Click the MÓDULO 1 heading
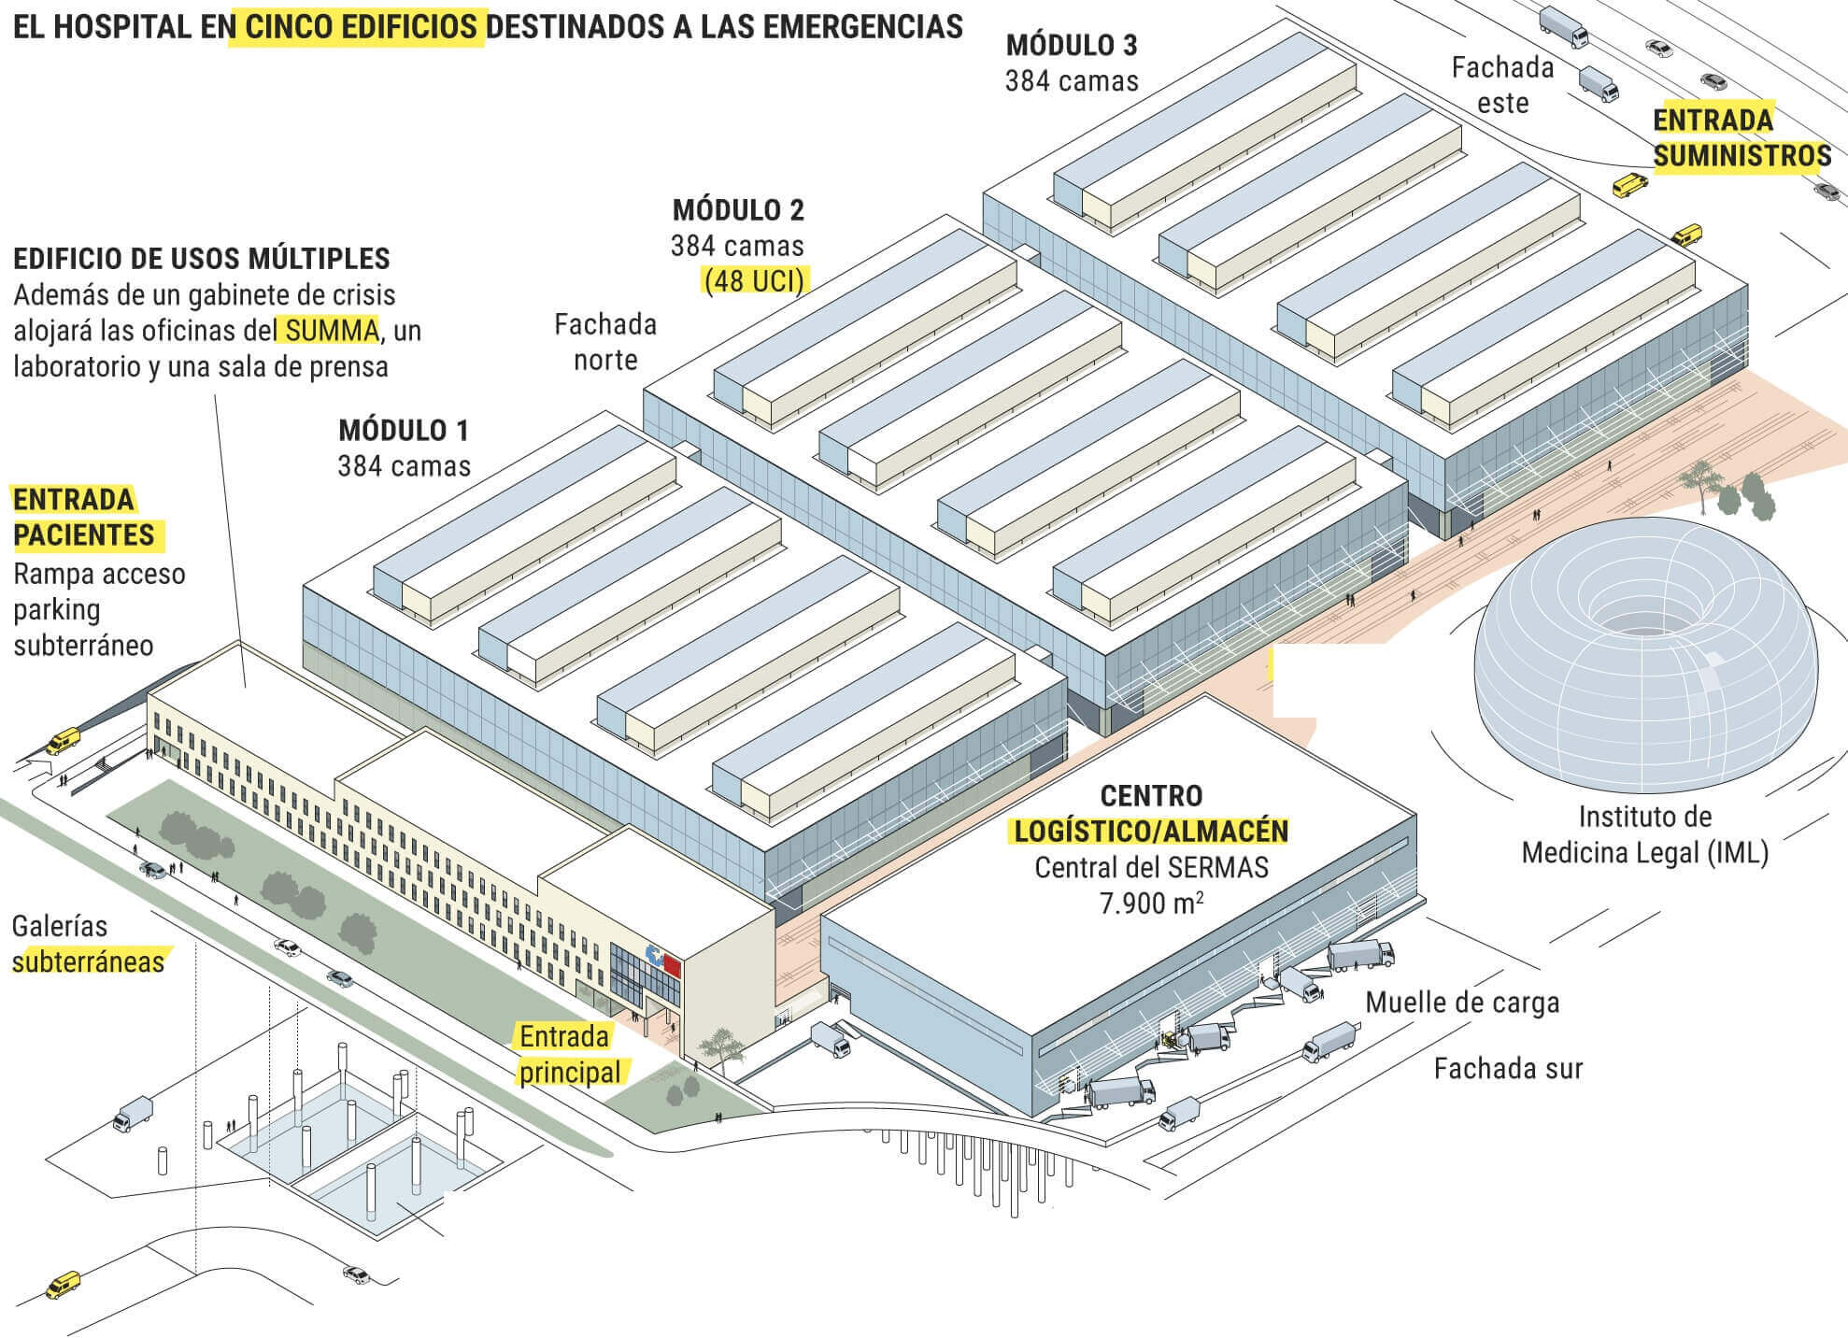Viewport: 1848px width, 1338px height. click(x=403, y=431)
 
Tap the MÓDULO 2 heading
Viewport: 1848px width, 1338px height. click(x=737, y=210)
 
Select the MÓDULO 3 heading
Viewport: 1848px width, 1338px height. click(x=1071, y=46)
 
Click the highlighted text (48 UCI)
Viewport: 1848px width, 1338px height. click(x=754, y=280)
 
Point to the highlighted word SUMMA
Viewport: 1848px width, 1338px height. click(x=332, y=331)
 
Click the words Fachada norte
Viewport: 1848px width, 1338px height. click(x=605, y=342)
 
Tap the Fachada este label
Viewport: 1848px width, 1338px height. click(x=1502, y=85)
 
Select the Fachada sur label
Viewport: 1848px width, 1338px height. click(x=1508, y=1068)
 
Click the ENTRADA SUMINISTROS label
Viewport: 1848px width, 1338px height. click(x=1741, y=138)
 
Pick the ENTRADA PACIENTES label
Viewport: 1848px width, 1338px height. click(x=84, y=517)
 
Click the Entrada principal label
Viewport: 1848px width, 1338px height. click(x=566, y=1054)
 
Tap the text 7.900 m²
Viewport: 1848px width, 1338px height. click(x=1150, y=904)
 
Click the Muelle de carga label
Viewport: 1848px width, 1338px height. click(x=1462, y=1003)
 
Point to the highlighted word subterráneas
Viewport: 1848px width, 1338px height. click(x=88, y=961)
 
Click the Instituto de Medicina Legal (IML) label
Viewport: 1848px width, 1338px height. click(x=1644, y=834)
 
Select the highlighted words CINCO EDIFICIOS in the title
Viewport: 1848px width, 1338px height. click(x=362, y=27)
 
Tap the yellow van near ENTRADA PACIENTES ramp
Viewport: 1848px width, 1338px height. click(x=63, y=742)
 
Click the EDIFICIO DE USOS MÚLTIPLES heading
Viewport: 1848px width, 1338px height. click(x=202, y=258)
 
